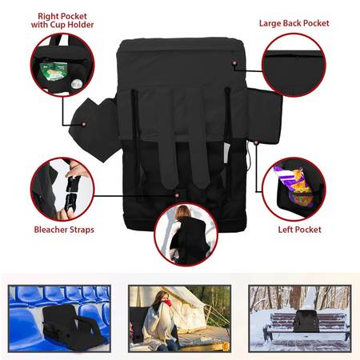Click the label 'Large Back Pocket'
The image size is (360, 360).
(294, 23)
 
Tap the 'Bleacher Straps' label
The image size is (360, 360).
(64, 230)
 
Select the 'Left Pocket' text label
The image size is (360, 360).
(299, 230)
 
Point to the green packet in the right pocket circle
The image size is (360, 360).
(52, 70)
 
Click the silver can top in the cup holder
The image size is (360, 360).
(75, 84)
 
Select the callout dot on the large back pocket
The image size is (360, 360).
(234, 63)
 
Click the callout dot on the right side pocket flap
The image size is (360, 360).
(84, 124)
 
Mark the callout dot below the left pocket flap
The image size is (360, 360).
(256, 143)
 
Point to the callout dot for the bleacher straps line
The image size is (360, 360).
(177, 195)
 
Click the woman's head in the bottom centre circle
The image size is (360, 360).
(183, 212)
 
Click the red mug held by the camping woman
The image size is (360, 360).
(167, 302)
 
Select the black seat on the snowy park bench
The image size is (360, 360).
(306, 321)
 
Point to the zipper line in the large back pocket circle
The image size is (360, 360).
(294, 56)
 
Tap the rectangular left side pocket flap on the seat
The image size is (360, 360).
(264, 115)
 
